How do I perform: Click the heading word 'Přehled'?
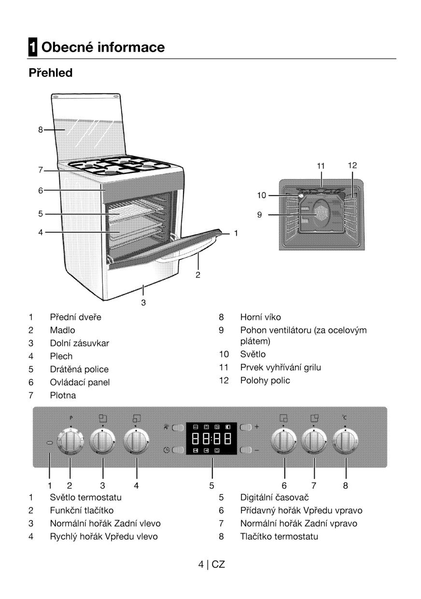pyautogui.click(x=50, y=73)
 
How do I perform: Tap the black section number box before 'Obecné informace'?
pyautogui.click(x=32, y=47)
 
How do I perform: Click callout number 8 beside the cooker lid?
pyautogui.click(x=41, y=129)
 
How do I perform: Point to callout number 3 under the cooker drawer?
pyautogui.click(x=143, y=303)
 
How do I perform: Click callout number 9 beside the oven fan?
pyautogui.click(x=260, y=214)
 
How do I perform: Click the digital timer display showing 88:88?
pyautogui.click(x=211, y=439)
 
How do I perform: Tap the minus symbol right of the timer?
pyautogui.click(x=256, y=450)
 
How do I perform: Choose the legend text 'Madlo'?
pyautogui.click(x=62, y=330)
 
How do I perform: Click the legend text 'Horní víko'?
pyautogui.click(x=260, y=317)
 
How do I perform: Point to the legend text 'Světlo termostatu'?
pyautogui.click(x=85, y=497)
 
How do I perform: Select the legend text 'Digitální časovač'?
pyautogui.click(x=274, y=497)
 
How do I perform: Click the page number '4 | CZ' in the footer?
pyautogui.click(x=211, y=564)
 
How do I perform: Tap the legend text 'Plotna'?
pyautogui.click(x=63, y=395)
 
